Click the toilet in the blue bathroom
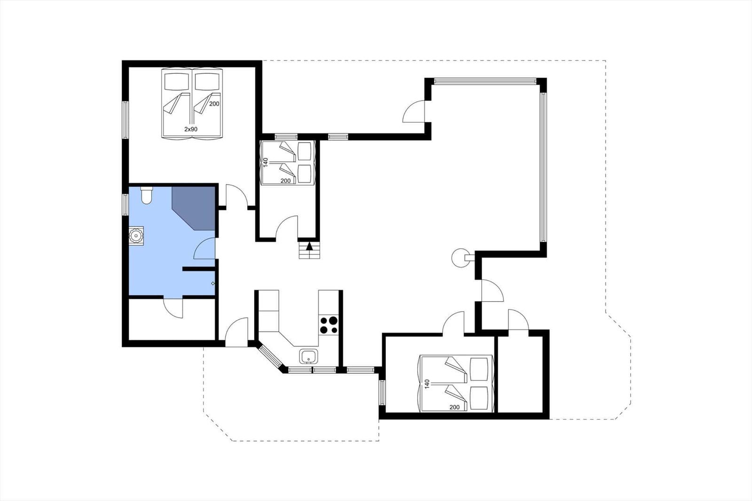pos(146,196)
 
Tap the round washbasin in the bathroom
pos(136,235)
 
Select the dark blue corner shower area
pos(194,208)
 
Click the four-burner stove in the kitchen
pos(329,325)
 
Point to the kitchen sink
pos(309,356)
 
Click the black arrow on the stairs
pos(309,246)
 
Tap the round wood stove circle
pos(460,258)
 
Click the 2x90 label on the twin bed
pos(191,129)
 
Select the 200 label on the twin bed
pos(214,104)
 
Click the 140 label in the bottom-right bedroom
pos(427,384)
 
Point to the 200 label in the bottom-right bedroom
pos(454,407)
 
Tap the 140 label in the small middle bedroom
pos(266,163)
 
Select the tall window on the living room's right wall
pos(543,167)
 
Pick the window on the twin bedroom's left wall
pos(125,120)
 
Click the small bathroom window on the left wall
pos(125,205)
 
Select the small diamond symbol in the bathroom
pos(213,283)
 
